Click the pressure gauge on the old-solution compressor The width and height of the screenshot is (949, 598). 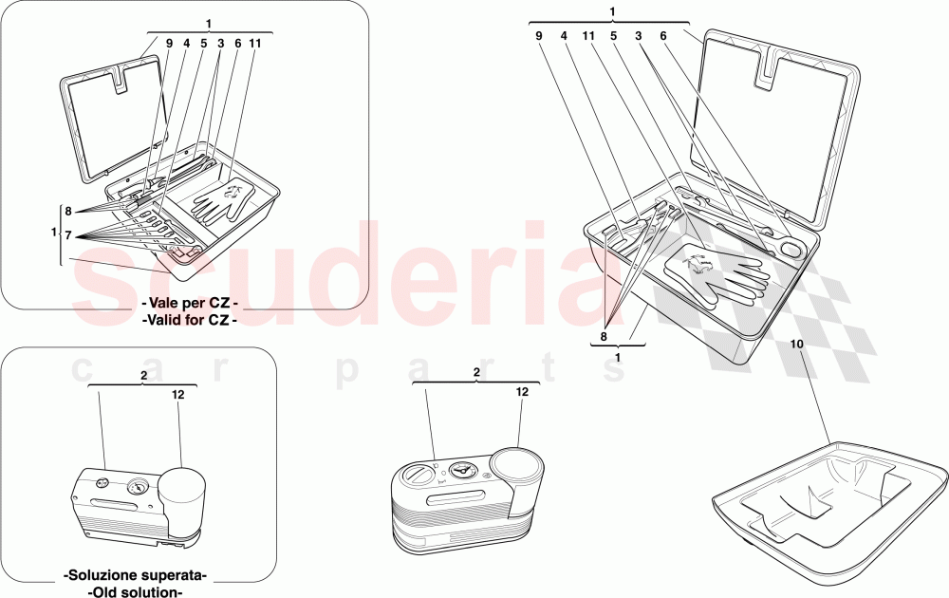coord(137,489)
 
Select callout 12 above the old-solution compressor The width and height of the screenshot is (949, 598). coord(177,394)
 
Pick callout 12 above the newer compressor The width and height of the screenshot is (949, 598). coord(522,391)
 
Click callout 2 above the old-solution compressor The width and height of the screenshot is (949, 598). coord(142,376)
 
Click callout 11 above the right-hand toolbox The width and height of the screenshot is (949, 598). coord(587,36)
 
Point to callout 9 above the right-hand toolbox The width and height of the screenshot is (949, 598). coord(538,36)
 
